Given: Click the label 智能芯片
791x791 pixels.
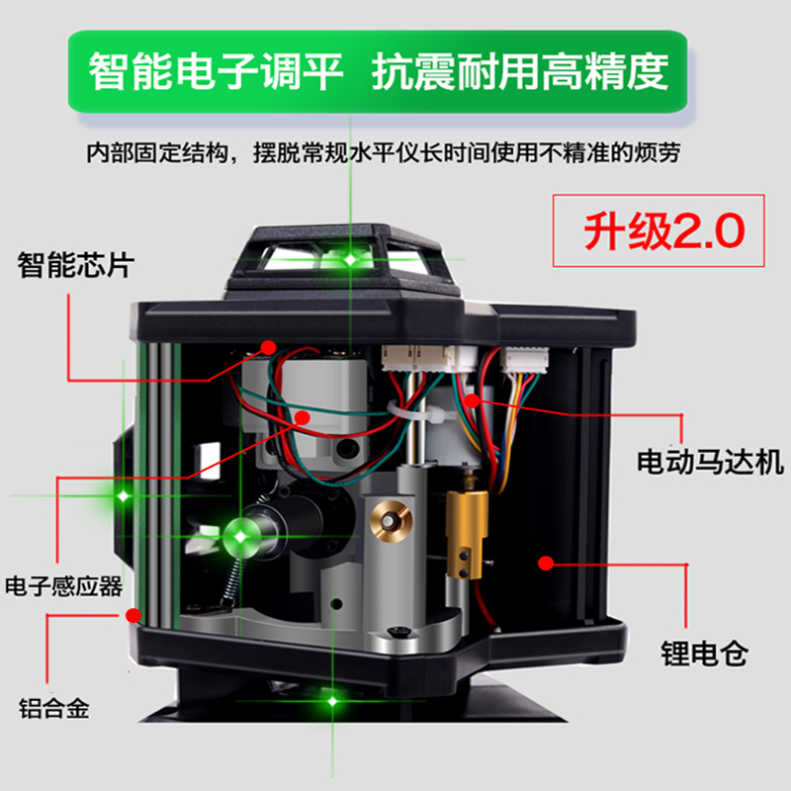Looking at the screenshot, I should point(75,264).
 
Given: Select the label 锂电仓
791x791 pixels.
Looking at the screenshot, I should point(704,654).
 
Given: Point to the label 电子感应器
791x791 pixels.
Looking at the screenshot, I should point(63,586).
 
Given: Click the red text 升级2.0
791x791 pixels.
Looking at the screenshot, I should point(660,231).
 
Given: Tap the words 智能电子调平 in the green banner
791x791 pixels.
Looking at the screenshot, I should point(216,71).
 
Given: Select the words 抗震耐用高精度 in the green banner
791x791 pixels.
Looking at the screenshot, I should point(520,71).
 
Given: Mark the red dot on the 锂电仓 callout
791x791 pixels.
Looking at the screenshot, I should point(544,564).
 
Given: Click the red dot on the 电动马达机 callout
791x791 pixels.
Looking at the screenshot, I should point(475,400).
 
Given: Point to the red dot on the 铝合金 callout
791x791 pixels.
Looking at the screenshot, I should point(135,614).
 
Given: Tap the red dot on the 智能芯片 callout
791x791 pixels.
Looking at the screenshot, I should point(268,347).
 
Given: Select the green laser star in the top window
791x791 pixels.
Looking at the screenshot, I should point(350,259).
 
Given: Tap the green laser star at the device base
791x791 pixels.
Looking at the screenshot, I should point(333,700).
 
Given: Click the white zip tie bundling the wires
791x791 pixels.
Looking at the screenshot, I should point(413,413).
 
